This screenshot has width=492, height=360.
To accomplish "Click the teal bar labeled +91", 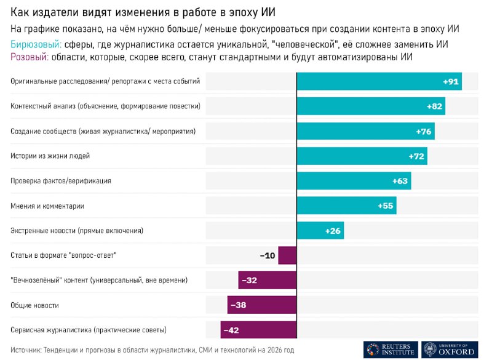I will click(x=379, y=81).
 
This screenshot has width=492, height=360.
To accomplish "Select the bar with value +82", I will click(x=371, y=106).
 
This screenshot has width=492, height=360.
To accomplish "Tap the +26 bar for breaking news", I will click(x=320, y=231).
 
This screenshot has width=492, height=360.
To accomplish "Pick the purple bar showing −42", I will click(x=258, y=330).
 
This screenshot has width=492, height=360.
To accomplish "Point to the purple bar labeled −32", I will click(x=268, y=280).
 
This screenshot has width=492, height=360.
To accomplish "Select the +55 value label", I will click(x=384, y=206).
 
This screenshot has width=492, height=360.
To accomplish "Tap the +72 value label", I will click(x=416, y=156).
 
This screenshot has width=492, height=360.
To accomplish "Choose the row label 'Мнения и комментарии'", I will click(x=47, y=206).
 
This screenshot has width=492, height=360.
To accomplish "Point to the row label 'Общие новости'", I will click(x=35, y=305).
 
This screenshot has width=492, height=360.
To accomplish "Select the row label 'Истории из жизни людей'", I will click(x=50, y=156).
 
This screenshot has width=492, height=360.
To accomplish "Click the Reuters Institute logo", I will click(x=391, y=348).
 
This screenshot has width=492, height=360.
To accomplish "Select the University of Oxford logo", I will click(x=449, y=348).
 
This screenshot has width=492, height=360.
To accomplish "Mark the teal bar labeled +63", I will click(x=354, y=181).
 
